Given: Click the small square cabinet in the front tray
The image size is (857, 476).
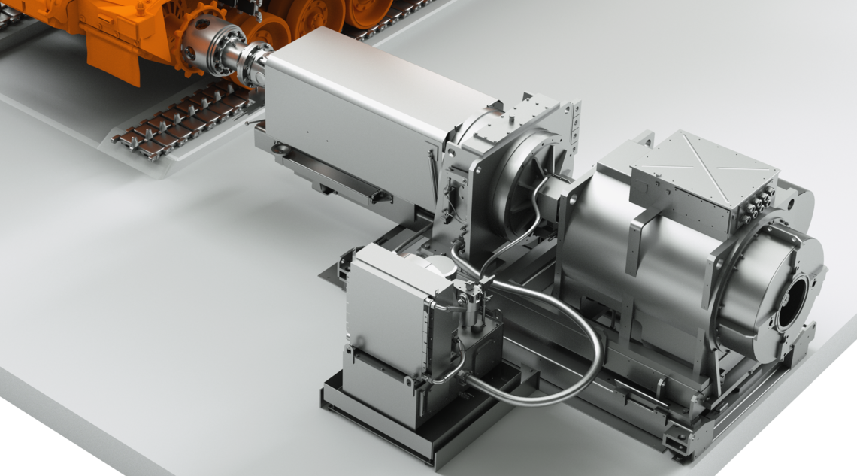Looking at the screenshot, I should pos(391,308).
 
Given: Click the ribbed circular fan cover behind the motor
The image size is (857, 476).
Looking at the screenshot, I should pos(530,180).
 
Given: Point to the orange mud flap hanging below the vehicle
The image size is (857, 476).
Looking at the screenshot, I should pos(113,56).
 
